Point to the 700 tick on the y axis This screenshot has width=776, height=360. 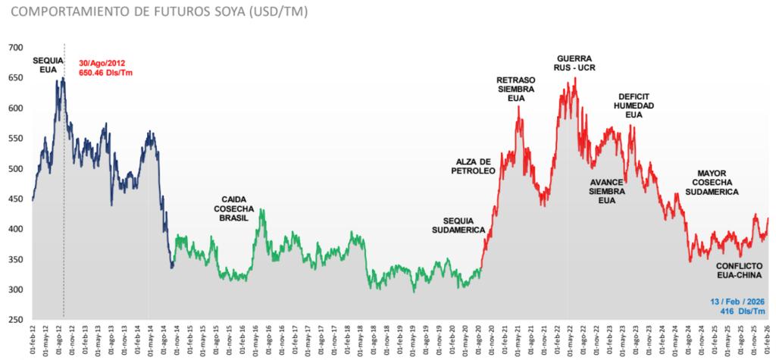click(x=15, y=48)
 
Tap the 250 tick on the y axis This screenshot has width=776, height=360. click(x=15, y=320)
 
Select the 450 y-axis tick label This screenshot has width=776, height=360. click(x=15, y=199)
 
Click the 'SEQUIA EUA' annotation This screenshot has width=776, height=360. click(x=48, y=64)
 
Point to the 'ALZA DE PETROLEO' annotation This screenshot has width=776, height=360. click(x=475, y=166)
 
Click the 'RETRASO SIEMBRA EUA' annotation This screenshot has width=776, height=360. click(x=515, y=89)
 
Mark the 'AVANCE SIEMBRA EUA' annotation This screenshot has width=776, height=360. click(x=606, y=191)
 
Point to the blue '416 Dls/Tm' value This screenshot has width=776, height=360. click(x=746, y=311)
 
